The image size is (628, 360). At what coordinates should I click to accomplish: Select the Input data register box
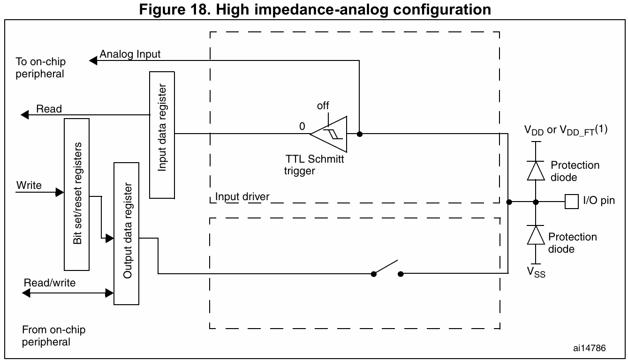click(x=162, y=135)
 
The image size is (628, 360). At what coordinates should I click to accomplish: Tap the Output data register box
click(x=127, y=233)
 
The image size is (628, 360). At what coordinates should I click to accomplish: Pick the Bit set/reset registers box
click(x=76, y=194)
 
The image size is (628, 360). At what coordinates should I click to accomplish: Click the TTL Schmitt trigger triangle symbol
click(x=331, y=134)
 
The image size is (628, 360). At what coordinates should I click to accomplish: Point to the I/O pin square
click(x=571, y=202)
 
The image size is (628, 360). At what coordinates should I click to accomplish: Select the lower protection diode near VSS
click(x=535, y=235)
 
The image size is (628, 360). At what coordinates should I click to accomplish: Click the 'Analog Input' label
click(x=130, y=54)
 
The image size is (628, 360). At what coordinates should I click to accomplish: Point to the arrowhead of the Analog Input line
click(x=93, y=60)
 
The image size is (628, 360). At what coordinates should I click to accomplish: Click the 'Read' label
click(x=49, y=109)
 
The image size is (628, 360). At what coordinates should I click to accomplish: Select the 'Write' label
click(x=29, y=186)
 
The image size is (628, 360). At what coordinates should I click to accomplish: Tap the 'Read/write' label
click(x=50, y=283)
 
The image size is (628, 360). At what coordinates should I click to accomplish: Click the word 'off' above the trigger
click(x=323, y=106)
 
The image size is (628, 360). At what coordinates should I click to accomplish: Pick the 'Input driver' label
click(x=242, y=196)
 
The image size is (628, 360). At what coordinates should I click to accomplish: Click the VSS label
click(x=536, y=271)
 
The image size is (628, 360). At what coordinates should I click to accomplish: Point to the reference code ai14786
click(x=589, y=348)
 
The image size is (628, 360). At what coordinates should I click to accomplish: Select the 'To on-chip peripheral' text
click(x=40, y=68)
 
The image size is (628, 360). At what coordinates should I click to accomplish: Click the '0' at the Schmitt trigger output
click(x=302, y=127)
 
